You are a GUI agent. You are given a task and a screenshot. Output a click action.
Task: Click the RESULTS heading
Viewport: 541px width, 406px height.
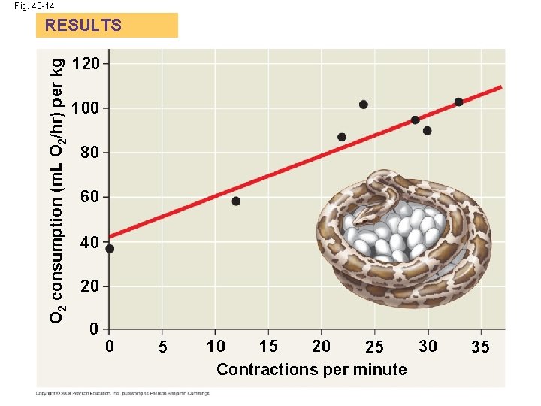pos(83,25)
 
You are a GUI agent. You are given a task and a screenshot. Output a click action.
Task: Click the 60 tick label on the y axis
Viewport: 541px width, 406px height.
pos(89,198)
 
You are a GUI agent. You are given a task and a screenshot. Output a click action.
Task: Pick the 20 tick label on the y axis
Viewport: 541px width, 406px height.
pos(89,286)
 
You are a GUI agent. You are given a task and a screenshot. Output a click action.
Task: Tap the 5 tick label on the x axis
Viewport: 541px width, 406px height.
pos(162,347)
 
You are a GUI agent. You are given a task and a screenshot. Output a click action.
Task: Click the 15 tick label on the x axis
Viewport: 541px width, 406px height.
pos(268,347)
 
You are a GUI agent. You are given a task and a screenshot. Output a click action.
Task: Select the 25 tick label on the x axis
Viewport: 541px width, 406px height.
pos(374,347)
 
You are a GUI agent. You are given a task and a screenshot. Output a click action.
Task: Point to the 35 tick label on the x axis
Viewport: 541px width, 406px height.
pos(480,347)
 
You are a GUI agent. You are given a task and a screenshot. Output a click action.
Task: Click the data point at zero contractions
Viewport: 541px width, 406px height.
pos(110,249)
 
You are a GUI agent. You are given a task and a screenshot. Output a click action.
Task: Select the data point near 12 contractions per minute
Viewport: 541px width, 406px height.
pos(236,201)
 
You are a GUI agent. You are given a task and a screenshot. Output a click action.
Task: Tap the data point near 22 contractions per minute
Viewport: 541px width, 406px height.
pos(342,137)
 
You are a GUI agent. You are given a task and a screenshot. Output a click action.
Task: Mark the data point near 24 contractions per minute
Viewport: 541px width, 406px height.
pos(364,105)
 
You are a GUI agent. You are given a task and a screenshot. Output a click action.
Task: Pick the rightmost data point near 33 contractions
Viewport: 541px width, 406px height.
pos(458,102)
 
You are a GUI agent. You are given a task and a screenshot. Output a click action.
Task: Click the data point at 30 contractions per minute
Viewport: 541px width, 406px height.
pos(427,130)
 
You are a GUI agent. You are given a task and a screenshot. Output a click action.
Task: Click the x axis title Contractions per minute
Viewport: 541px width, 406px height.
pos(311,370)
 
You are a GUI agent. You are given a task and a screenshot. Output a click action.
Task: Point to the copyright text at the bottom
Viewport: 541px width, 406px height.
pos(122,393)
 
